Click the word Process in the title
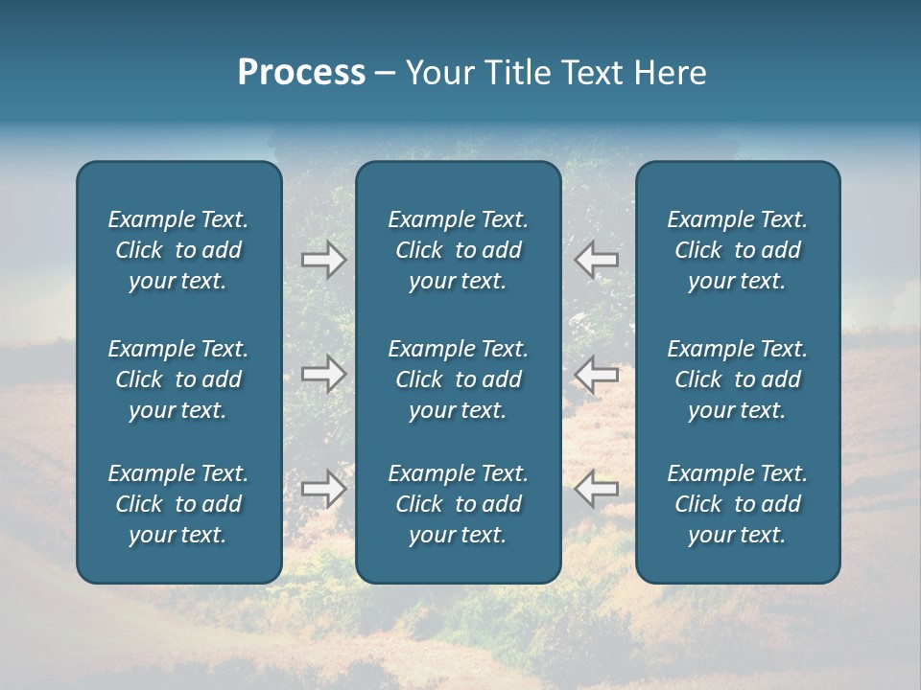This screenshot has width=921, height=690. (301, 73)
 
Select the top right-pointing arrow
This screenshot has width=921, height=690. (324, 260)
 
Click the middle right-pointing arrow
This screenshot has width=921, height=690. (324, 374)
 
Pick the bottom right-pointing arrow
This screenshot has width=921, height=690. (324, 489)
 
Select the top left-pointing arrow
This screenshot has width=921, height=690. (596, 259)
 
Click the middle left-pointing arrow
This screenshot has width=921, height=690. (596, 374)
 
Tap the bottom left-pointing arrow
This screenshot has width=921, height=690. (596, 489)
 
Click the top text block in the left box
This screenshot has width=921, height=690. (178, 250)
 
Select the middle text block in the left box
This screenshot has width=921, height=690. (178, 379)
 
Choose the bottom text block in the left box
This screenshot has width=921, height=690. (178, 504)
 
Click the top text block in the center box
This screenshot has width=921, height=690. (458, 250)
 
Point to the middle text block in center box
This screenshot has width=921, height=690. (458, 379)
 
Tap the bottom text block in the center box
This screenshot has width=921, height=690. (458, 504)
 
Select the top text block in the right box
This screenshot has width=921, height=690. (737, 250)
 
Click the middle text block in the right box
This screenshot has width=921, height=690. (737, 379)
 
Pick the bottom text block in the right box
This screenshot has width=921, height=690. (737, 504)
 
